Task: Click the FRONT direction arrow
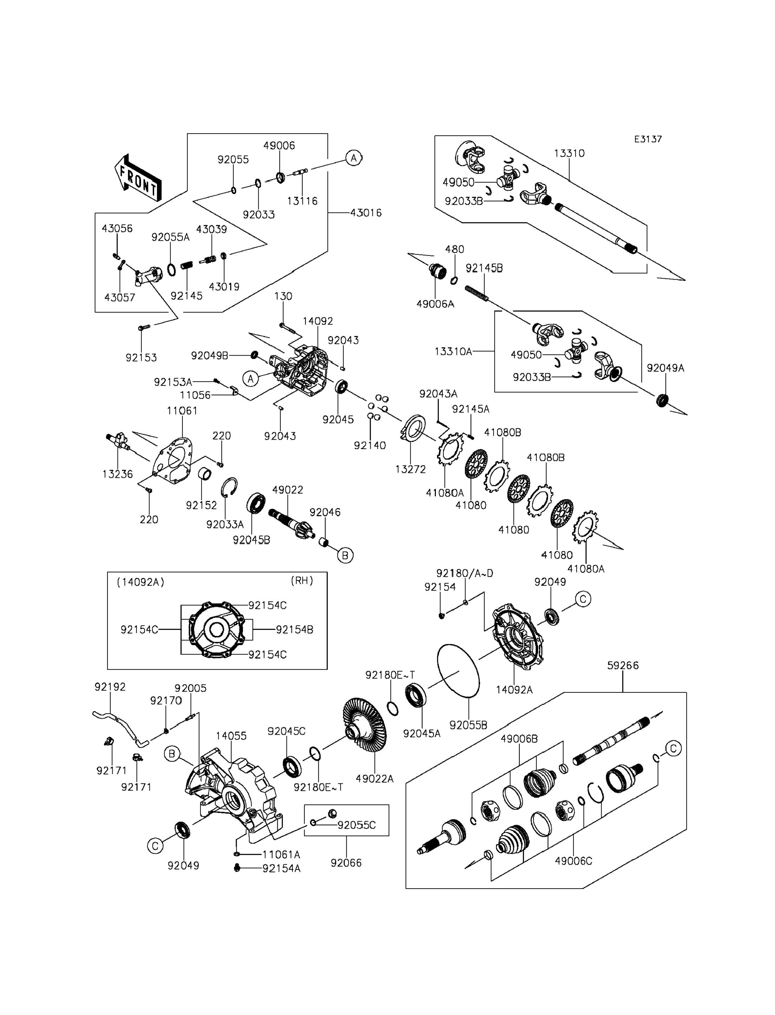pos(138,179)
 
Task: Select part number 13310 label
pos(569,153)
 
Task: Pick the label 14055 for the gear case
pos(231,736)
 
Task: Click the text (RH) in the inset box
pos(302,581)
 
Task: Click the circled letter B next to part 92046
pos(345,555)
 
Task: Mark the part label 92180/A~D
pos(464,573)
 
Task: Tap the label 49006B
pos(519,739)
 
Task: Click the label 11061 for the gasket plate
pos(182,411)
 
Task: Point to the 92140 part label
pos(370,445)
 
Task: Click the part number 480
pos(455,249)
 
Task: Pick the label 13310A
pos(453,352)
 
